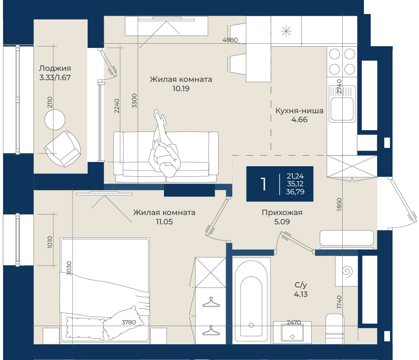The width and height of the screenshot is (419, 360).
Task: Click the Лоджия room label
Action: coord(55,68)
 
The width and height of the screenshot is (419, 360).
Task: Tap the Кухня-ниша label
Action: coord(299,111)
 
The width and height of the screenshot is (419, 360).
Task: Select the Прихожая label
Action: coord(282,212)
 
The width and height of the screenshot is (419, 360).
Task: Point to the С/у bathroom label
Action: coord(301,285)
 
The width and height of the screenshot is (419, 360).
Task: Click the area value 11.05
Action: coord(164,222)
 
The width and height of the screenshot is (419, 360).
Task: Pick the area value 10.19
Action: coord(181,89)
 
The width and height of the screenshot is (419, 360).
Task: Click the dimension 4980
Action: coord(230,40)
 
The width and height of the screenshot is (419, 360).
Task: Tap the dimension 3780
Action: coord(129,322)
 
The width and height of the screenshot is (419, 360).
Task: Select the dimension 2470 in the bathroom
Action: coord(294,322)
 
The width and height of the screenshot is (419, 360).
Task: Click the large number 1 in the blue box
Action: coord(264,184)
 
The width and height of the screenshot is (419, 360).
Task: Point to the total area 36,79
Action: coord(295,192)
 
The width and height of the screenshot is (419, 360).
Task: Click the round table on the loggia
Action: coord(55,120)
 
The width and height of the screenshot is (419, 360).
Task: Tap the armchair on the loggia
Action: coord(63,149)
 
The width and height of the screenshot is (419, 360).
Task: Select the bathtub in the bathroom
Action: coord(251,302)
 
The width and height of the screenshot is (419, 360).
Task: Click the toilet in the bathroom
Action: coord(335,329)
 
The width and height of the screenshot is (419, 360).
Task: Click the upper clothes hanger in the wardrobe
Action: coord(211,302)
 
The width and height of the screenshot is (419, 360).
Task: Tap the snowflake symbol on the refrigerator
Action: coord(286,31)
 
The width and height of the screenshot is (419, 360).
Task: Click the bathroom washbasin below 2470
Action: coord(292,332)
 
